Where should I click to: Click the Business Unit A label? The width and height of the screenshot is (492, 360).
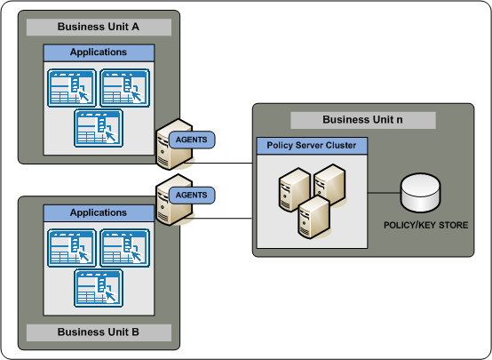[98, 27]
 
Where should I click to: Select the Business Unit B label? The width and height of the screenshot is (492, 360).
[98, 332]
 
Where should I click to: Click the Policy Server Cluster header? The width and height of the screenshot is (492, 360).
[311, 145]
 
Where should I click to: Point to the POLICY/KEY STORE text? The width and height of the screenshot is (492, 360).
[426, 226]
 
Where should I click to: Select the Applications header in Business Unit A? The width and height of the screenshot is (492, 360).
[99, 52]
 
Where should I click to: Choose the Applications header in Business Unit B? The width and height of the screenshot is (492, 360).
[99, 213]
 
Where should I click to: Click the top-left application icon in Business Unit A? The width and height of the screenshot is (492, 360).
[73, 87]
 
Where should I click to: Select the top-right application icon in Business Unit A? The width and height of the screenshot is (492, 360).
[124, 87]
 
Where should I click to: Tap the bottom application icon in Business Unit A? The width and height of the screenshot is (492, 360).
[99, 127]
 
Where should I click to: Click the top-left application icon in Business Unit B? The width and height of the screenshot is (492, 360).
[73, 247]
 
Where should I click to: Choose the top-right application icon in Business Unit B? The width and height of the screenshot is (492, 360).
[124, 247]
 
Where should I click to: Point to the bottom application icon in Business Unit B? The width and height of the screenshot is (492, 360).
[99, 287]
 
